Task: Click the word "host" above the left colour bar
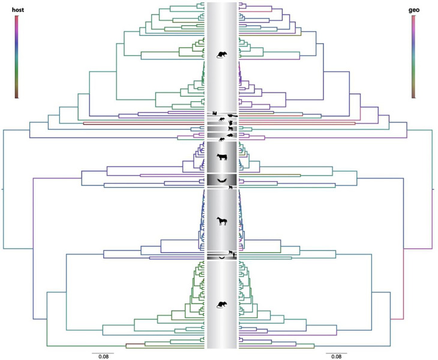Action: (18, 10)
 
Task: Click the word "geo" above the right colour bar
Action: (413, 10)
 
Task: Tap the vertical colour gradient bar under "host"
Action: (17, 56)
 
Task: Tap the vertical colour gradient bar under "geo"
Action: (413, 56)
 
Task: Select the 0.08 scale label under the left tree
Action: (103, 356)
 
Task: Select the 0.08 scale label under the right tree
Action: (337, 356)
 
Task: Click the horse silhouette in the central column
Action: (222, 221)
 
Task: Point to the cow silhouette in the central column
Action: (222, 157)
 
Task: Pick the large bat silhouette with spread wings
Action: (222, 181)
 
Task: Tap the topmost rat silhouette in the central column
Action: (222, 55)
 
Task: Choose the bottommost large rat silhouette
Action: (222, 305)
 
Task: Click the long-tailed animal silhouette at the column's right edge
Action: (232, 115)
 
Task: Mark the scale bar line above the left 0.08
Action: (103, 353)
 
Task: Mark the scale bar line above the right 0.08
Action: (337, 353)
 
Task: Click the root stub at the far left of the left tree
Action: (2, 189)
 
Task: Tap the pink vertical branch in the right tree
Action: (404, 283)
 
